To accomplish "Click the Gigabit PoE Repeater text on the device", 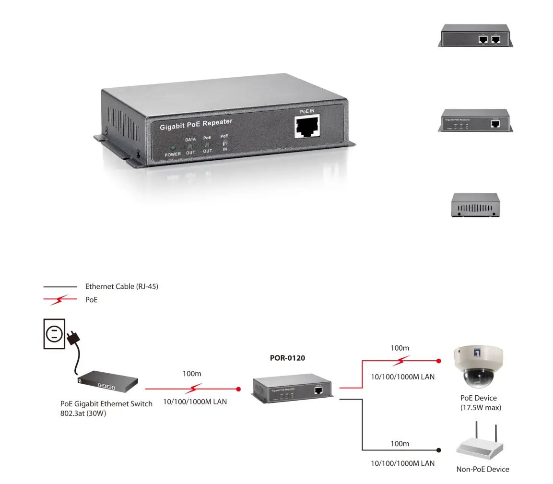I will point(196,125).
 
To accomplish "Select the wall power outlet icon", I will point(54,333).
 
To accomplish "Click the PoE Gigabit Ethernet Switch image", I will point(108,380).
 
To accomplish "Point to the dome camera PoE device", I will point(478,367).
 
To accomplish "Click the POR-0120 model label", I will point(287,358).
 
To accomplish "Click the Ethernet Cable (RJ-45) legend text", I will point(121,286).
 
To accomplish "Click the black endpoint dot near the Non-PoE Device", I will point(438,450).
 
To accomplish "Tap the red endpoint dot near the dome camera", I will point(438,360).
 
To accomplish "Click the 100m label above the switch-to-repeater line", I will point(192,373).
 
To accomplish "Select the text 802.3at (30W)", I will point(83,413).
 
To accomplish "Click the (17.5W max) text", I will point(480,408).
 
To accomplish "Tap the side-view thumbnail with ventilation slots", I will point(475,205).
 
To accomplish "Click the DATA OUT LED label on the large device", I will point(190,146).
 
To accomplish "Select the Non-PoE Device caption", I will point(482,469).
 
